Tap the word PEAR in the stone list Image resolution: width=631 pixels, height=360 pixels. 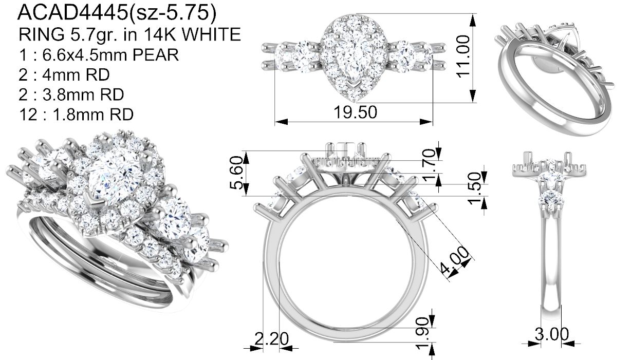click(x=156, y=54)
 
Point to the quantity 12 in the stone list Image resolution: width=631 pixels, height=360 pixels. click(x=28, y=115)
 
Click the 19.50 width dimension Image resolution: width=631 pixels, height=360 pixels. click(x=355, y=112)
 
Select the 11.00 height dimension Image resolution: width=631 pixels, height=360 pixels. click(x=463, y=56)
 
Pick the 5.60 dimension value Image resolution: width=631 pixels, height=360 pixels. click(x=236, y=173)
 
